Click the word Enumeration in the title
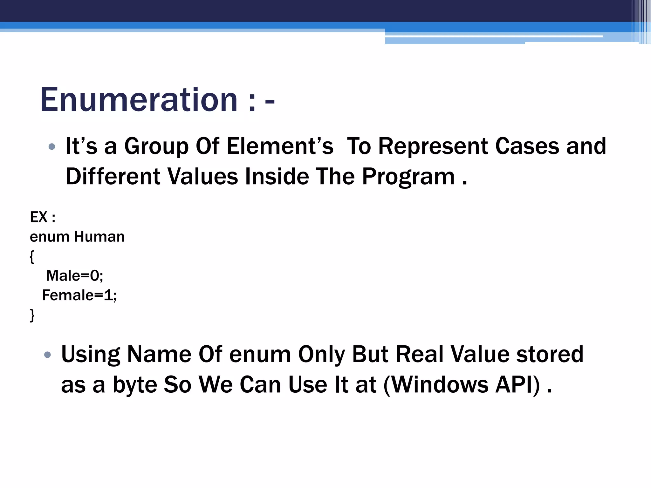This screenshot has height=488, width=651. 139,100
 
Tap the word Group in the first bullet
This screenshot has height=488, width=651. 156,147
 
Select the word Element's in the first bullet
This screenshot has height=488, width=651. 280,146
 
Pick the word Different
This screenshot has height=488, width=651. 113,176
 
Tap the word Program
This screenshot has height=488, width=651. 408,177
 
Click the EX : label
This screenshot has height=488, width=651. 43,217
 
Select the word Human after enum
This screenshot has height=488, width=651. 99,237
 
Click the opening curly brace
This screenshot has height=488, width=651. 32,256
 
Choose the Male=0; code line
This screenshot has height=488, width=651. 75,275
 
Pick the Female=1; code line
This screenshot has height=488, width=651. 79,295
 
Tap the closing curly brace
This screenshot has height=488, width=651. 32,315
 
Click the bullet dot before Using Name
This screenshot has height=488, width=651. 48,355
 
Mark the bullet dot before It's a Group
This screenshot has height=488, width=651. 52,147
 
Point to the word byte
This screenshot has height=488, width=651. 135,385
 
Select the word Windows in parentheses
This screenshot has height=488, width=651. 440,384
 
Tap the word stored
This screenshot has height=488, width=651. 550,354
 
